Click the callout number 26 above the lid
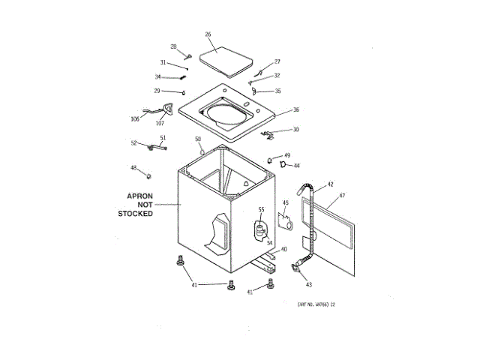(208, 34)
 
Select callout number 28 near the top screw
(173, 46)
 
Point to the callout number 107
(160, 123)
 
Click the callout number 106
(135, 118)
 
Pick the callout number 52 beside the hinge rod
(134, 143)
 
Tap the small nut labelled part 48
(148, 175)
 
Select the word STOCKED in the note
(136, 214)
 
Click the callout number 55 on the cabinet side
(261, 209)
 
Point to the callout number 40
(283, 249)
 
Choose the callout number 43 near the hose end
(308, 285)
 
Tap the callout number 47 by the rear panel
(341, 196)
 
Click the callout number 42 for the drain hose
(330, 184)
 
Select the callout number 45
(285, 202)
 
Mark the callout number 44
(296, 166)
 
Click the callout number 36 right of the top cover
(296, 109)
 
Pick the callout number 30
(295, 130)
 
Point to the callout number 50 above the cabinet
(198, 139)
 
